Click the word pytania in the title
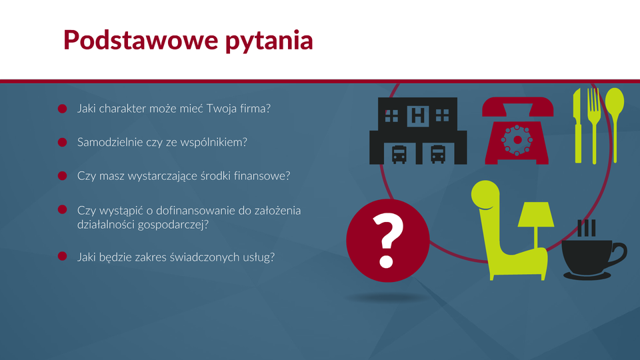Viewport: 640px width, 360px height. (x=269, y=41)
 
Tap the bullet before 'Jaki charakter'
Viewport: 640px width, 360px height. (x=63, y=109)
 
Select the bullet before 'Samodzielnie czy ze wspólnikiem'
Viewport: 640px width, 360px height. (x=63, y=142)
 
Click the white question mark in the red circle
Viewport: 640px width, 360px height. (x=388, y=241)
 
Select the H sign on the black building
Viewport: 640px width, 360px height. (x=417, y=115)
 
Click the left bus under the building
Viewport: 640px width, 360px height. (x=399, y=154)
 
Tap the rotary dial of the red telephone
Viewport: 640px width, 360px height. (x=517, y=140)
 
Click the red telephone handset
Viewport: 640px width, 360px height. (x=517, y=106)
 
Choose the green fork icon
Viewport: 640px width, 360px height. (x=594, y=125)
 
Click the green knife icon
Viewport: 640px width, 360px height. (x=577, y=125)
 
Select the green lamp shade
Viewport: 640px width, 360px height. (x=536, y=214)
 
